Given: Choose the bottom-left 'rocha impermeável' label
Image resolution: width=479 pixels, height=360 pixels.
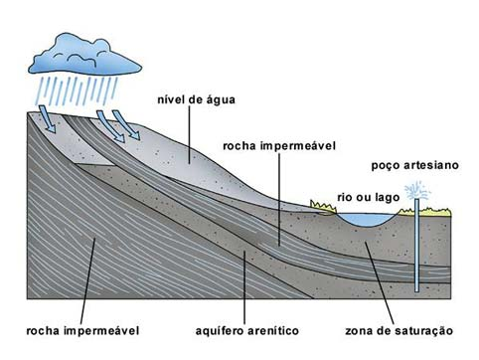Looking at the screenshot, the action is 80,329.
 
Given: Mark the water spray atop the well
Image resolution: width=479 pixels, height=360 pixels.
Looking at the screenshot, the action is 415,188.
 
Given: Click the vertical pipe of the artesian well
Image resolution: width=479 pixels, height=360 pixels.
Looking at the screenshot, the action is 415,249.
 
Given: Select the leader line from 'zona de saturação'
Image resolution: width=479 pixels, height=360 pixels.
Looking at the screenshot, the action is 379,278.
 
